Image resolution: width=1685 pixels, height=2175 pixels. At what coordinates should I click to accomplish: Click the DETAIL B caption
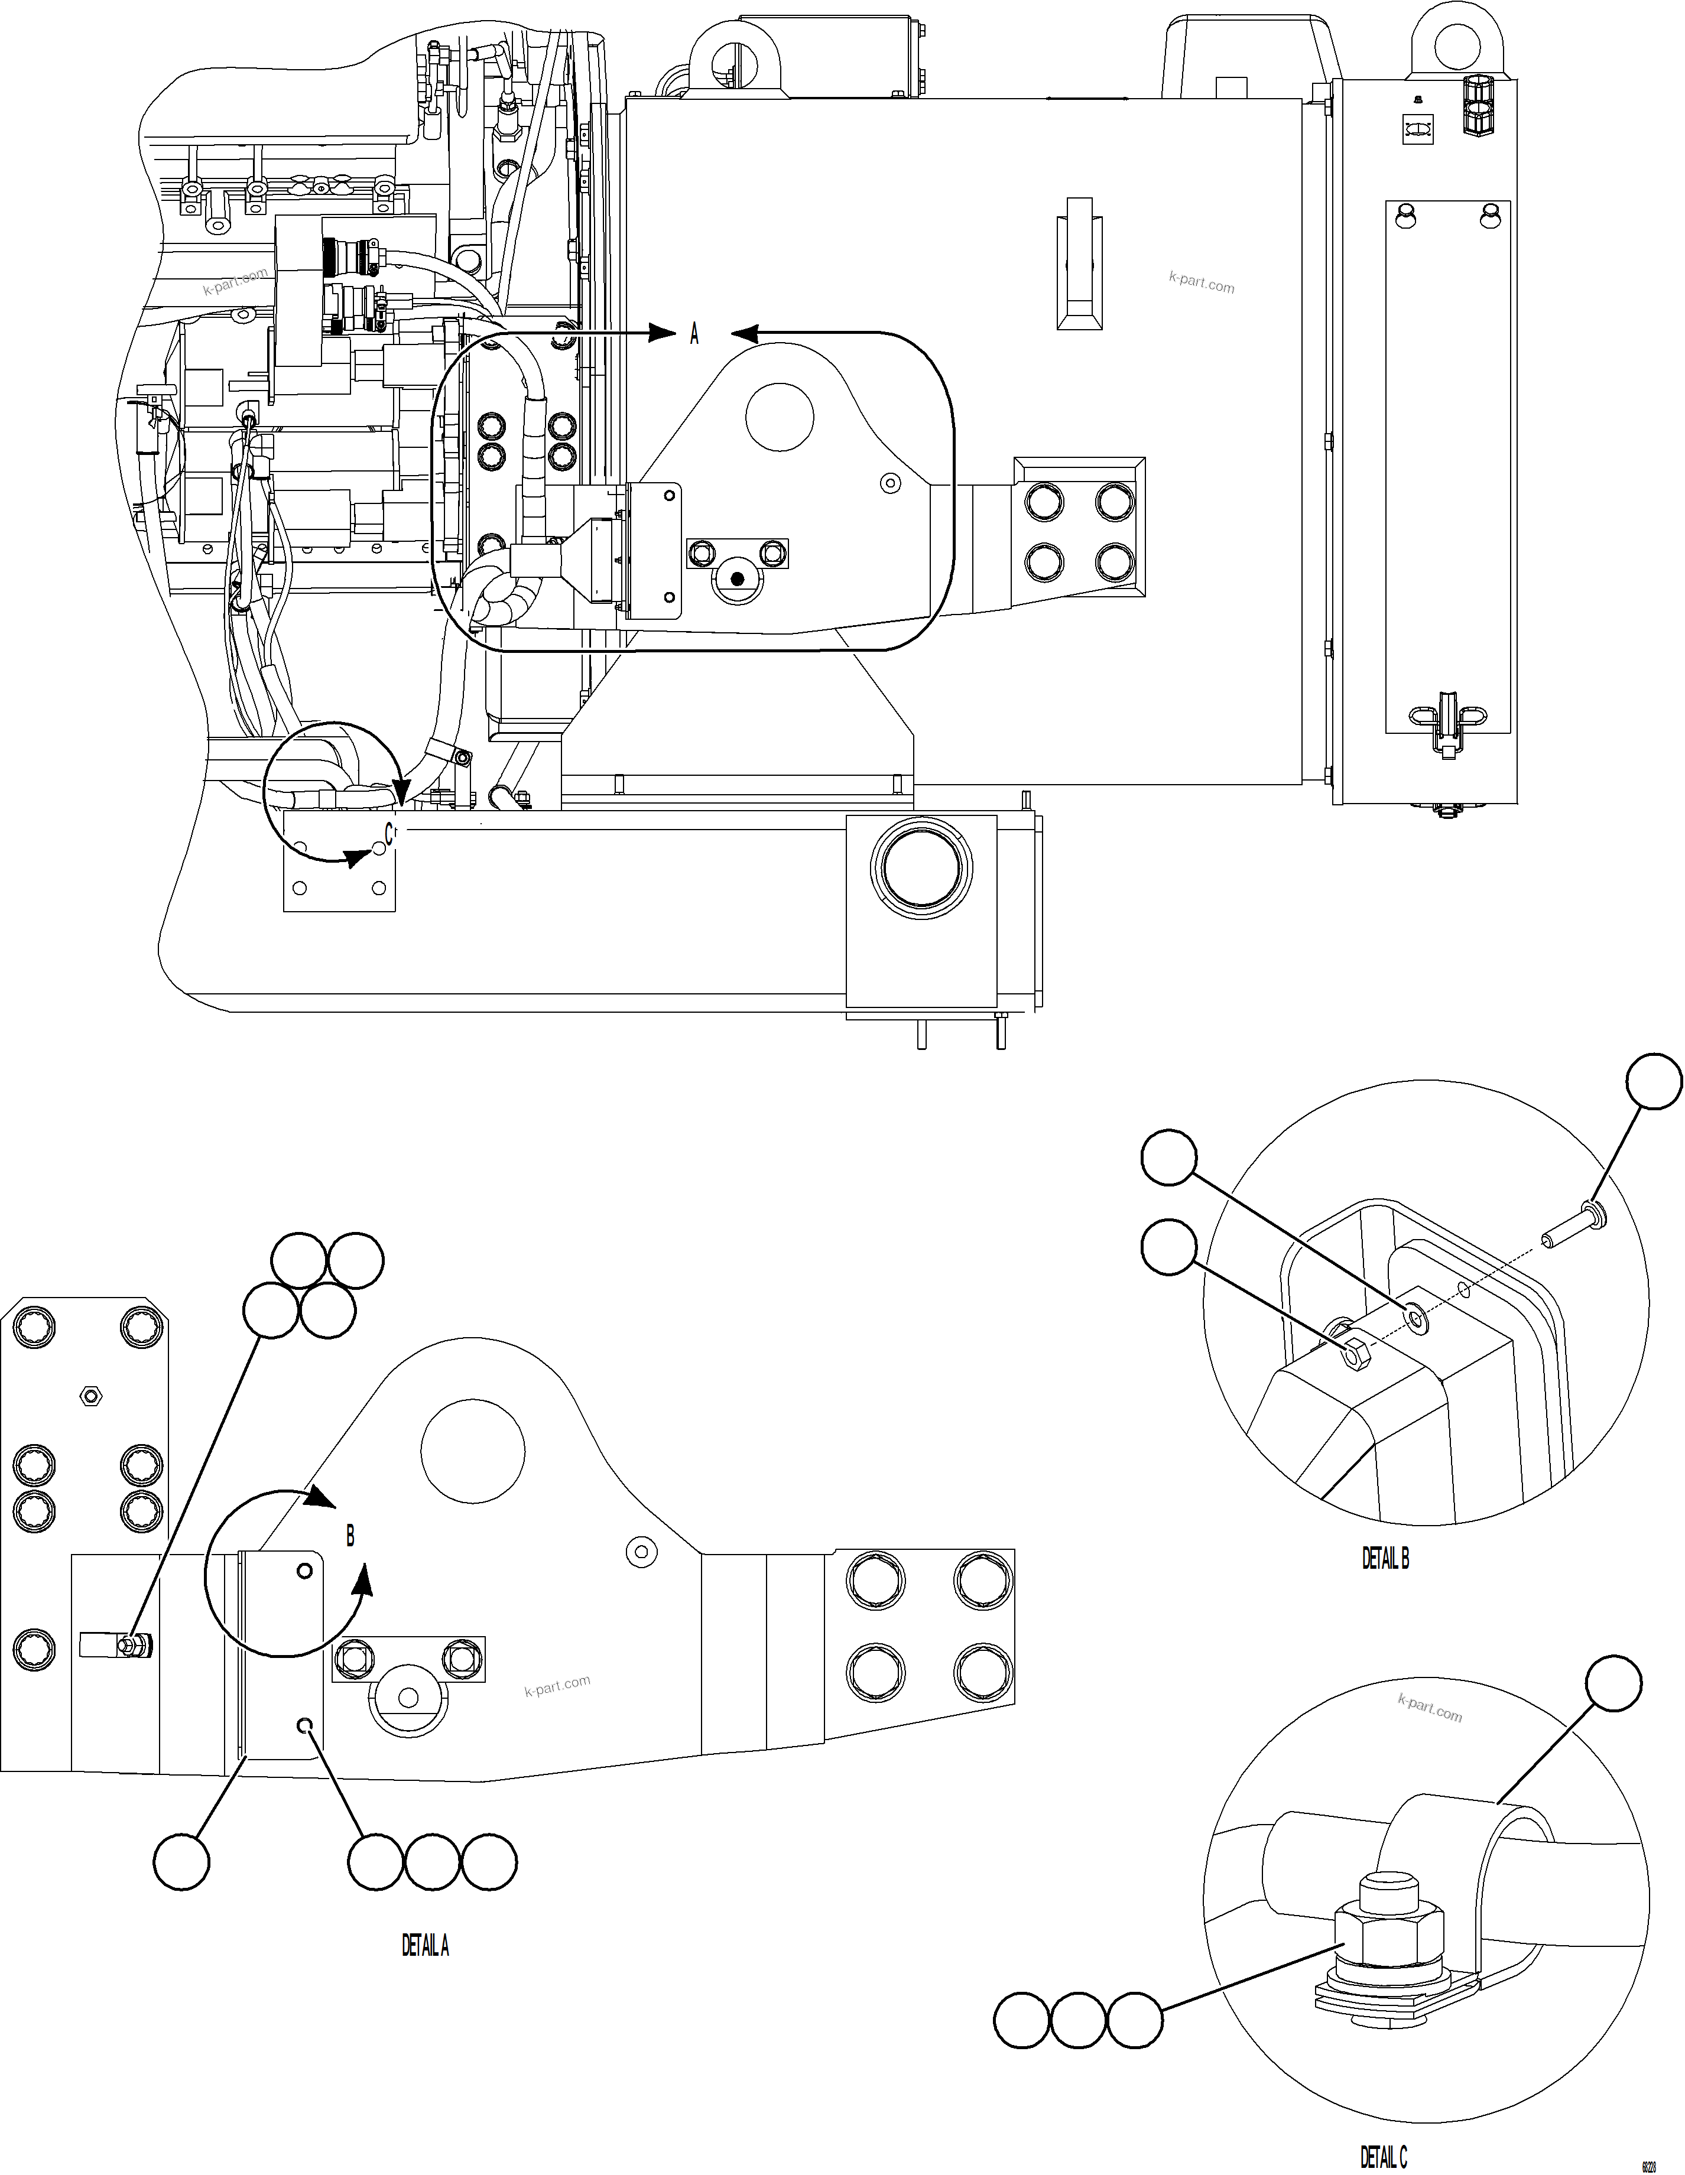tap(1385, 1559)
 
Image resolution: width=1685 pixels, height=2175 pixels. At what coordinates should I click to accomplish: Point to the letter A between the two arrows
tap(694, 336)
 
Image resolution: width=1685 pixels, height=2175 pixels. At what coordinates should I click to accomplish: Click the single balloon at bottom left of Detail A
tap(182, 1860)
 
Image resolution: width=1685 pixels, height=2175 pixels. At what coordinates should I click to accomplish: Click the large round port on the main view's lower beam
tap(920, 866)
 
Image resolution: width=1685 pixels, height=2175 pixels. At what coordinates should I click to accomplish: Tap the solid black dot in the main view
tap(737, 578)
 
